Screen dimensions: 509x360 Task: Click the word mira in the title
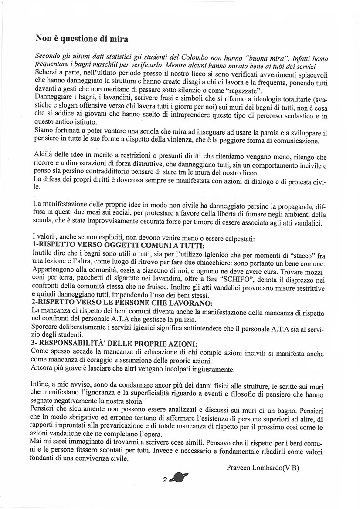119,39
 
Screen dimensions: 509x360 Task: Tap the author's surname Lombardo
270,467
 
